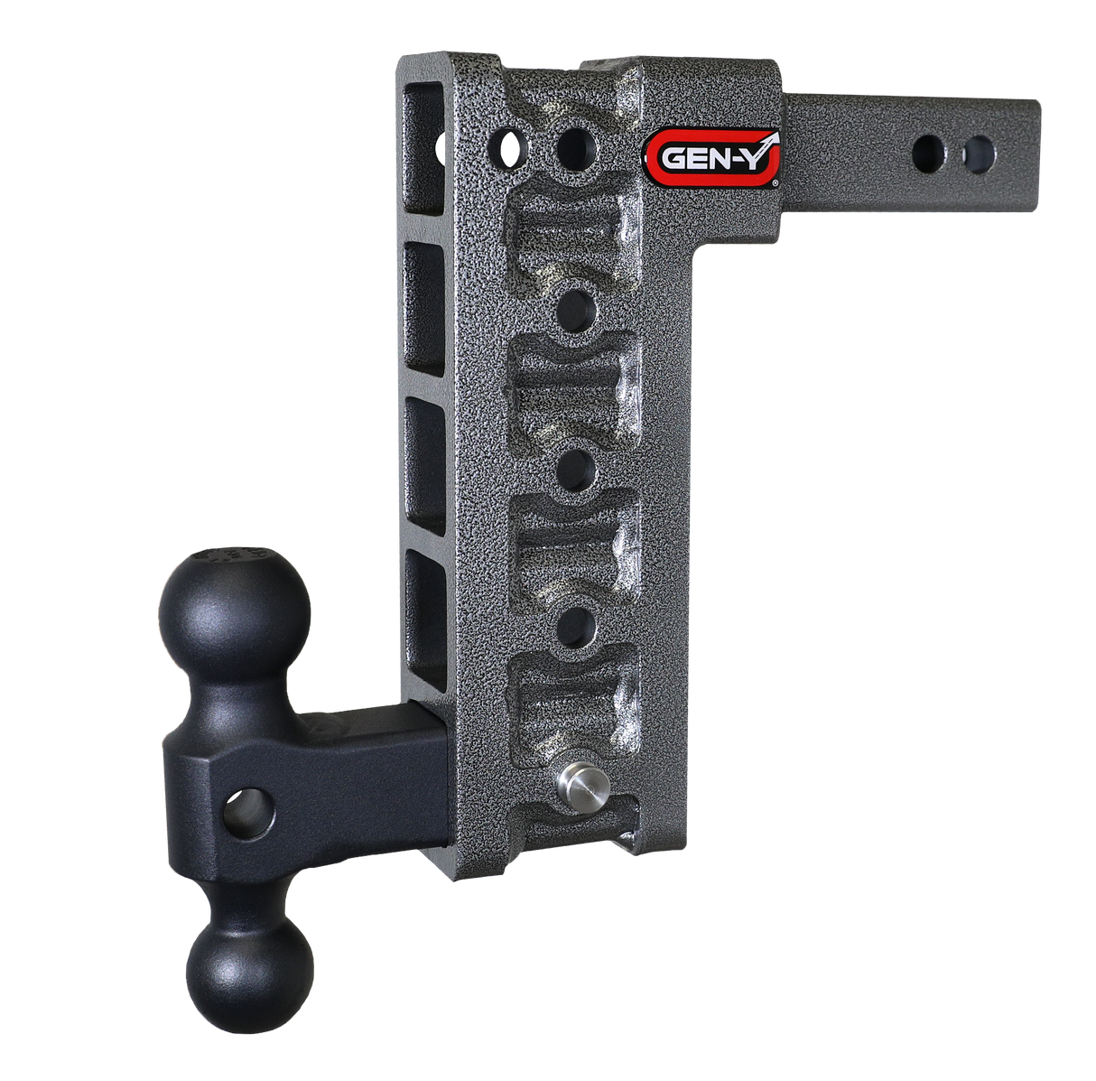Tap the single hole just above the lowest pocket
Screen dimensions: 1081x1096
click(574, 623)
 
